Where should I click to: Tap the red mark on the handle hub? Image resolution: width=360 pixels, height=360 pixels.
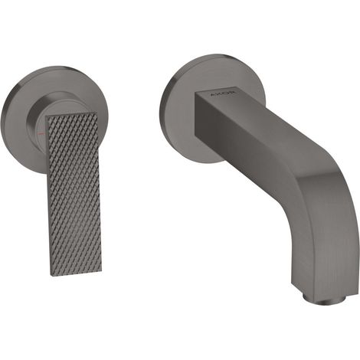[42, 133]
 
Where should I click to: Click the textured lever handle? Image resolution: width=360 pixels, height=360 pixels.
[74, 191]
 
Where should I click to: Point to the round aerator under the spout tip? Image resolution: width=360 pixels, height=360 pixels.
[323, 299]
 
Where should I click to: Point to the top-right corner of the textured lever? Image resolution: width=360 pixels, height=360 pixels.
[97, 111]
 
